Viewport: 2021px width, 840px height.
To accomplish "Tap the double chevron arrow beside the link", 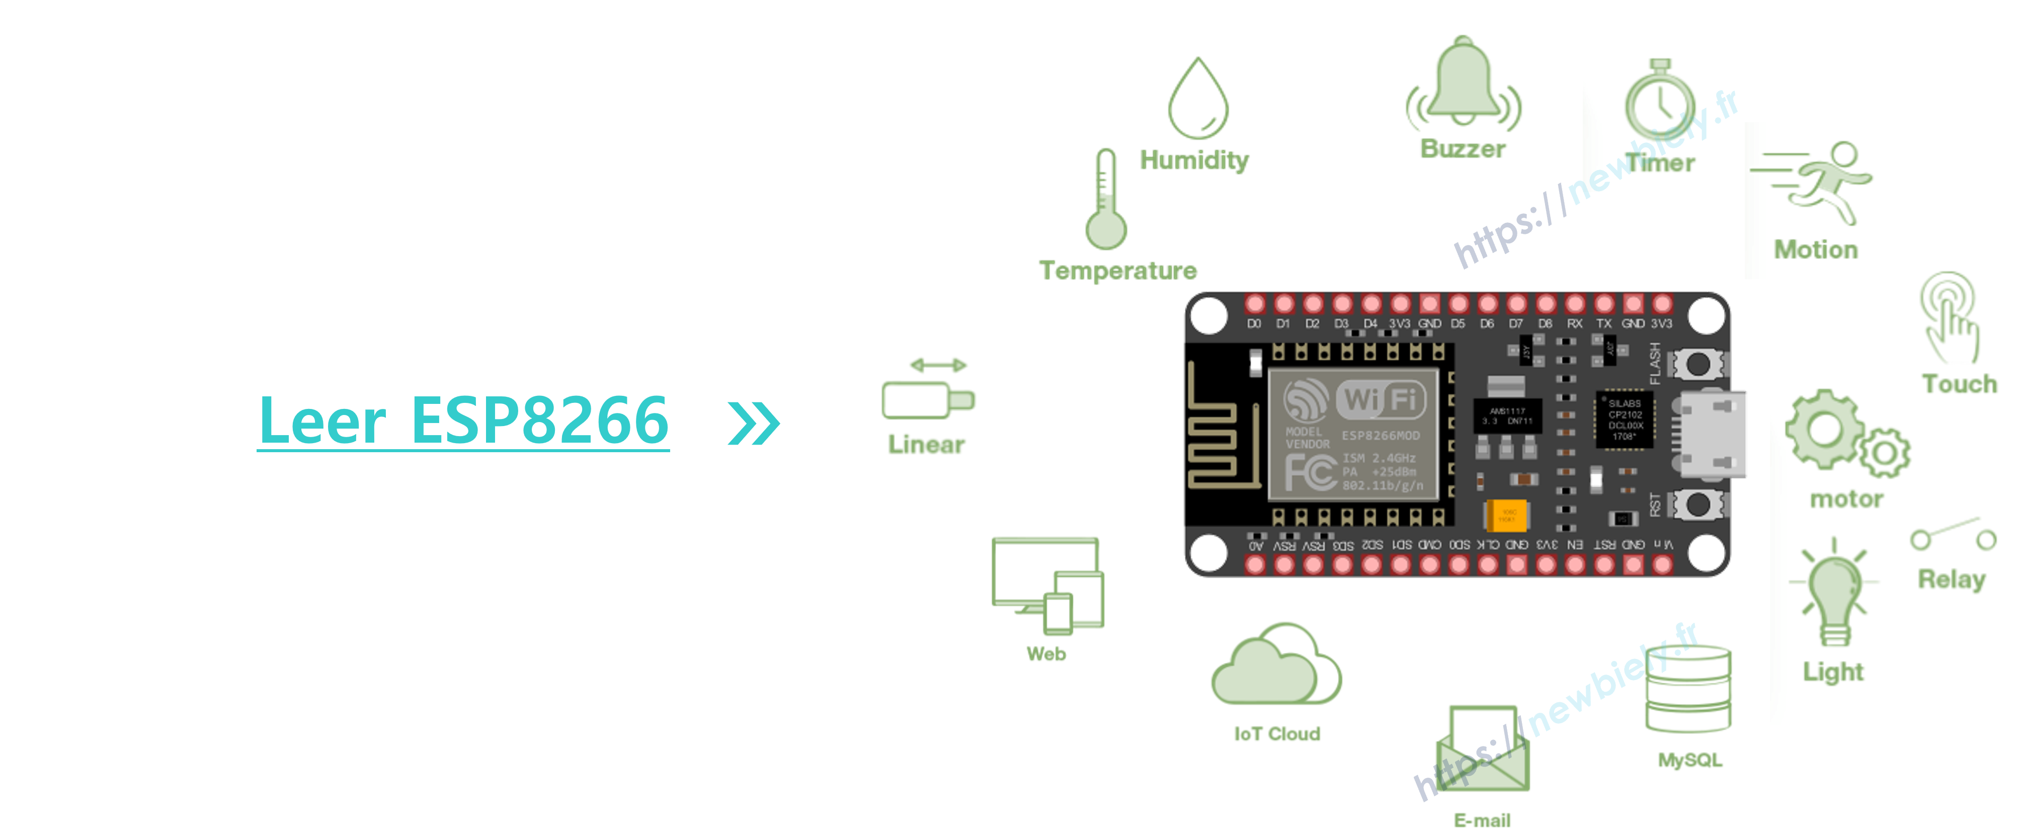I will (x=753, y=424).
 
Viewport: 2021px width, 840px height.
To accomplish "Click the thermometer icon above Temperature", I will (x=1105, y=200).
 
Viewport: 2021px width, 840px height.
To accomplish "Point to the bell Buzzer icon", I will (x=1463, y=82).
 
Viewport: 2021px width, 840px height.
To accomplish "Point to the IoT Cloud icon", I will (x=1276, y=664).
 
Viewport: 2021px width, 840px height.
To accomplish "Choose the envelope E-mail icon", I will (x=1481, y=749).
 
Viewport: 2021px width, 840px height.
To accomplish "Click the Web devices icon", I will (x=1048, y=584).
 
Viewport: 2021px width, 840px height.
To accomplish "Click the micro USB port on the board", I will (x=1714, y=434).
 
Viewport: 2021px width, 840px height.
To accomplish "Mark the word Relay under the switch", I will (x=1952, y=579).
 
